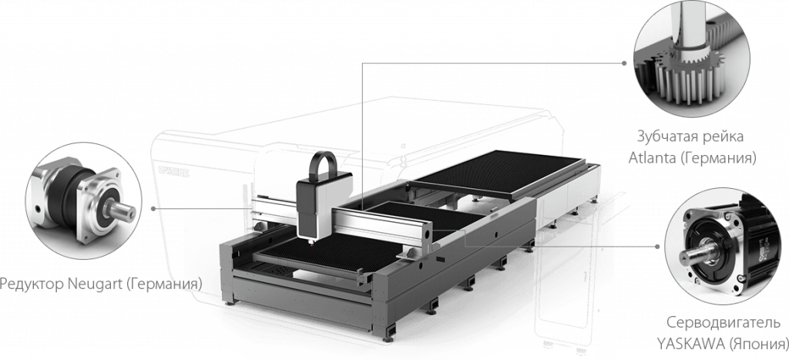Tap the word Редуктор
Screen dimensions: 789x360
[x=31, y=284]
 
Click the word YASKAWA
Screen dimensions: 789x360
[x=690, y=345]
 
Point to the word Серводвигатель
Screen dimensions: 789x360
[x=724, y=322]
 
